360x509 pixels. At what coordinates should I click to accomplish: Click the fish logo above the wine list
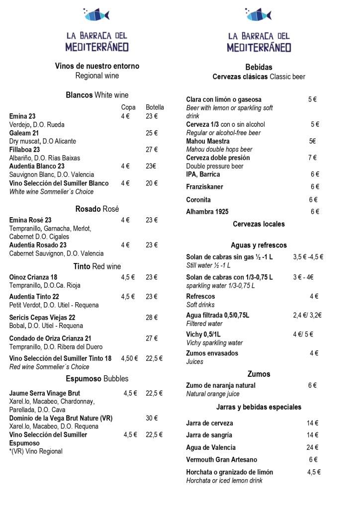point(96,14)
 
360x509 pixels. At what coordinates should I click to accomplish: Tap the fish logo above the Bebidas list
point(259,14)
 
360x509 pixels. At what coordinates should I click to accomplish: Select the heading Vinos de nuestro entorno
point(97,66)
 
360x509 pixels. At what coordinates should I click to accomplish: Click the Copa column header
point(128,107)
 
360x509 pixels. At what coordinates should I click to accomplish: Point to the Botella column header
point(155,107)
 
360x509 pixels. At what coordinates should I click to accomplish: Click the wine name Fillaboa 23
point(24,150)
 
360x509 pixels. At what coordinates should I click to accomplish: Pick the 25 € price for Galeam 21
point(152,133)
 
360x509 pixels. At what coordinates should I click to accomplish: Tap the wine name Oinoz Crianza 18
point(33,277)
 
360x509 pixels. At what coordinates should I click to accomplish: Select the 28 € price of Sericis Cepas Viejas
point(152,318)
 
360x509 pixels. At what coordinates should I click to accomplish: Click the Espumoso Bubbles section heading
point(97,379)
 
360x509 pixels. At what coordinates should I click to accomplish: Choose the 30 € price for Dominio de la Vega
point(152,419)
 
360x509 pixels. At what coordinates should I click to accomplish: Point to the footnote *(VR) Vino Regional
point(36,452)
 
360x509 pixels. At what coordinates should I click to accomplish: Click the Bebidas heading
point(259,67)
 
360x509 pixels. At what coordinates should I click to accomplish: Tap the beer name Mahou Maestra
point(208,141)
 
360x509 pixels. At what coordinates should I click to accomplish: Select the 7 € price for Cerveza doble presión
point(312,158)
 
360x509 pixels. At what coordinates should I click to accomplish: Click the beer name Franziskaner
point(204,187)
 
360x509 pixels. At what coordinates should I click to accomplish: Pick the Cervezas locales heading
point(259,224)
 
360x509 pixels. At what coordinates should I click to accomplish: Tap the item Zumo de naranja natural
point(221,386)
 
